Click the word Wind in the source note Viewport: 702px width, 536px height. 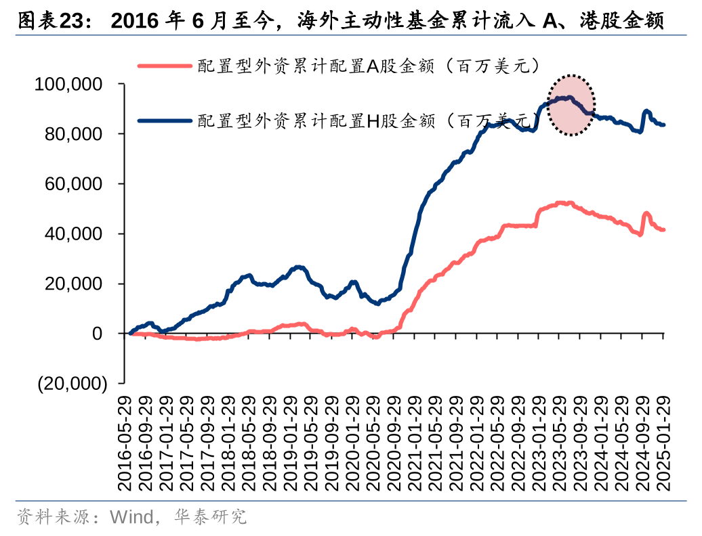coord(128,518)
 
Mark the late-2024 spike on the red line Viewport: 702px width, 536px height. coord(646,214)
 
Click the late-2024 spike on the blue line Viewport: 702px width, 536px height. coord(646,111)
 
